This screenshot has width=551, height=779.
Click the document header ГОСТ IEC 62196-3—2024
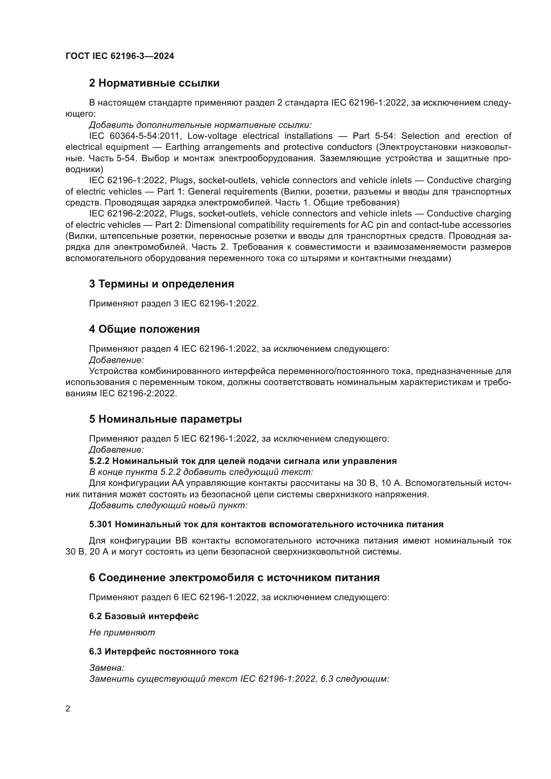pyautogui.click(x=120, y=56)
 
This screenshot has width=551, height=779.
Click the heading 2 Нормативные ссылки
pyautogui.click(x=154, y=83)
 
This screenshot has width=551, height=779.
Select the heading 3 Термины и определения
pyautogui.click(x=162, y=284)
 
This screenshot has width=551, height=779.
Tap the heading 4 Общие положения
pyautogui.click(x=144, y=329)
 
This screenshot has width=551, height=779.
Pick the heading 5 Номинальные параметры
pyautogui.click(x=165, y=419)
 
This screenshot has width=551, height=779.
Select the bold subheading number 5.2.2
pyautogui.click(x=99, y=461)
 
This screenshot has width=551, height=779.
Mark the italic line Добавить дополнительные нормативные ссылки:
pyautogui.click(x=200, y=125)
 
